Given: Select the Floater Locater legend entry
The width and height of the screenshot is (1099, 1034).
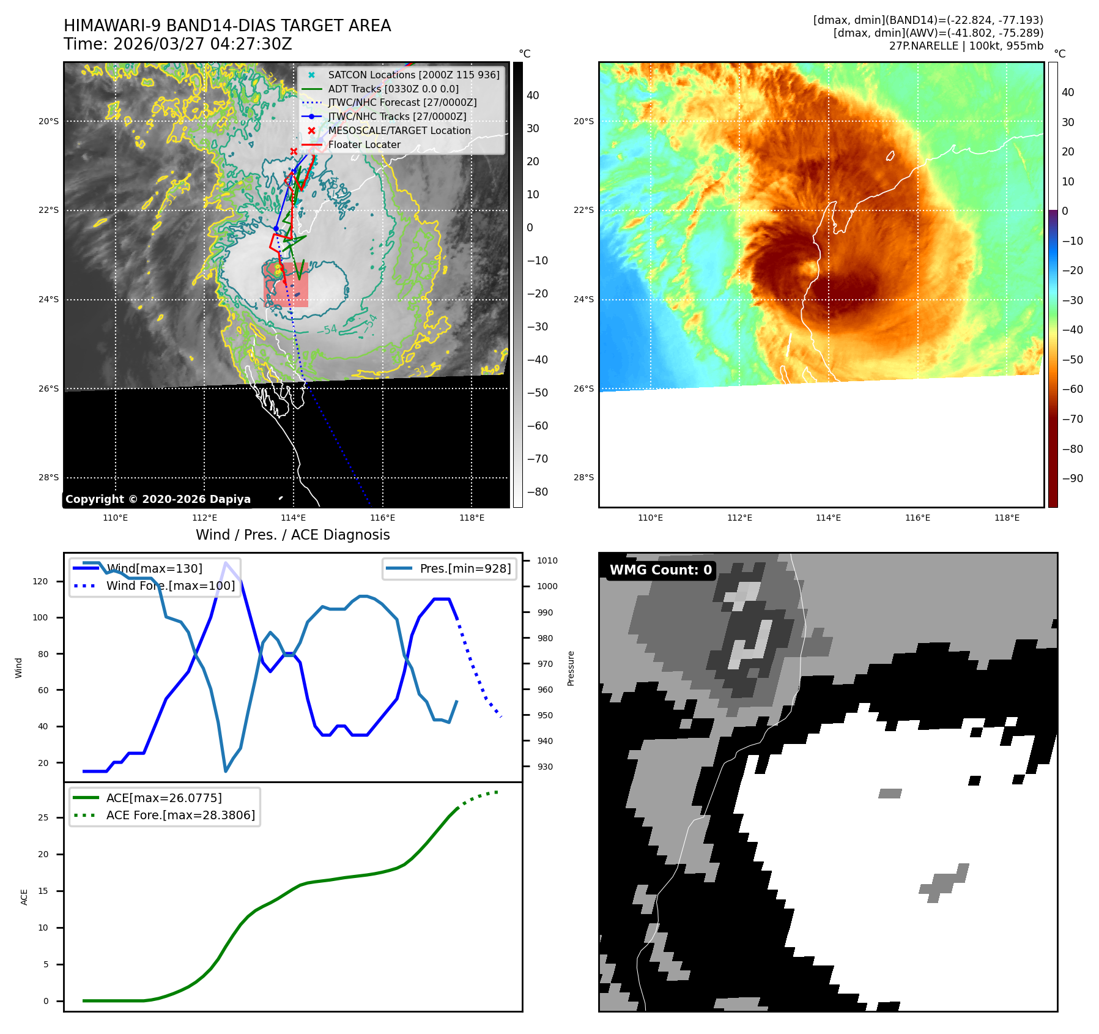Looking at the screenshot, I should click(x=364, y=144).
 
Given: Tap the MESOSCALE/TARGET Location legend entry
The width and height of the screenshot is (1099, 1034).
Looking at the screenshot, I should click(x=399, y=130).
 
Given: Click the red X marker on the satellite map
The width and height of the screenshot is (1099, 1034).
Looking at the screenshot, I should click(x=294, y=151).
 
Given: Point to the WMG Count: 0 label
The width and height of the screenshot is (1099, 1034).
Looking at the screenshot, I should click(x=661, y=570).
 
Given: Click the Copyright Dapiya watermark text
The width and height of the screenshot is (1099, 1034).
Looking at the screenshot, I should click(x=158, y=499).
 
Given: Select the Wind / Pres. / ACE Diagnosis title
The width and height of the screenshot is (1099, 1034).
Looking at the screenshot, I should click(x=292, y=535).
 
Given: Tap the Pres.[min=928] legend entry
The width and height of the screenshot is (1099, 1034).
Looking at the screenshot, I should click(x=465, y=568).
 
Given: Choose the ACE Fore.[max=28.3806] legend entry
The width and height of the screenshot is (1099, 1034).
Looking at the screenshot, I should click(x=180, y=815).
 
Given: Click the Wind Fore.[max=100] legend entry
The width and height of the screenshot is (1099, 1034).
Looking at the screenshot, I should click(x=170, y=586).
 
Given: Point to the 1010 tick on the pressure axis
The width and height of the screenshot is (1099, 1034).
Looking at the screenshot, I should click(x=547, y=560).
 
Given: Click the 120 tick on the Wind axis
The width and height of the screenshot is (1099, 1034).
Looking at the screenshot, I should click(x=40, y=581).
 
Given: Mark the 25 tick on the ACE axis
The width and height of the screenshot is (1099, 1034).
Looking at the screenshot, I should click(x=43, y=817).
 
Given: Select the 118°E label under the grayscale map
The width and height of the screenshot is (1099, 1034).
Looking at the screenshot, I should click(x=472, y=518).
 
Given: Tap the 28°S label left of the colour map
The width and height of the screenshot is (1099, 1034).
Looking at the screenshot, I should click(x=583, y=477).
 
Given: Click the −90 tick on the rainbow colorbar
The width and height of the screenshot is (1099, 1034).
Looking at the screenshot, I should click(x=1072, y=478).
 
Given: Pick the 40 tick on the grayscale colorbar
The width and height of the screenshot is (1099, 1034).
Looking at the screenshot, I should click(x=533, y=95).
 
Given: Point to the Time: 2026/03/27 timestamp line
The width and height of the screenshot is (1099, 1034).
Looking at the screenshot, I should click(x=178, y=44).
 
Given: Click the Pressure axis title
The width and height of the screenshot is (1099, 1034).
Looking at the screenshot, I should click(x=571, y=668).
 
